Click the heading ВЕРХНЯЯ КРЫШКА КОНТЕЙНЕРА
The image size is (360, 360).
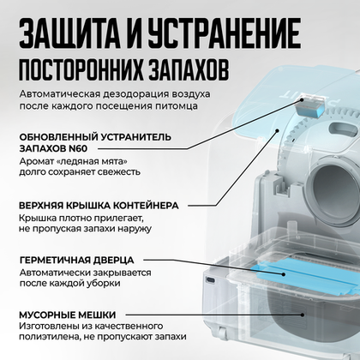click(x=111, y=206)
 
